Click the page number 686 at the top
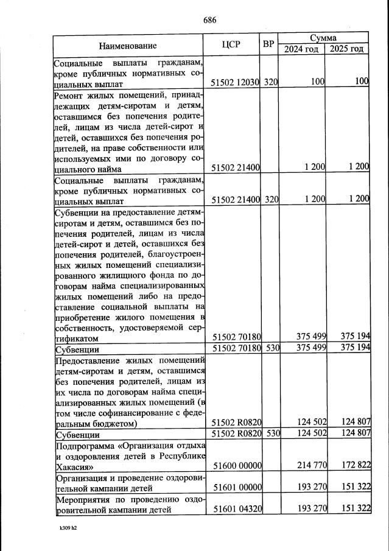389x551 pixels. pos(210,19)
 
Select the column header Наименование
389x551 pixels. pos(128,45)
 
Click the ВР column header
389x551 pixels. pos(269,44)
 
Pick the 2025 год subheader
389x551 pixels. pos(347,49)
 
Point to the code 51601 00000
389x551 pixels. pos(236,488)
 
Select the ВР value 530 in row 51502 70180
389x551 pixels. pos(271,348)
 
